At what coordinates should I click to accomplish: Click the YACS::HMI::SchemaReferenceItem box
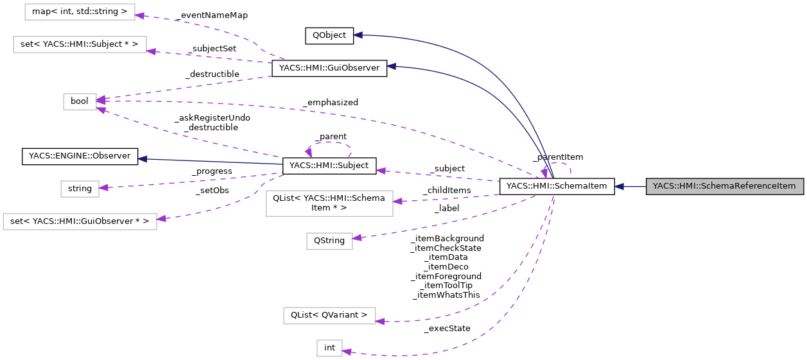coord(724,187)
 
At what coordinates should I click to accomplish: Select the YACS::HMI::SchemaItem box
coord(557,187)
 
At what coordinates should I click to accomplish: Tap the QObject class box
coord(329,36)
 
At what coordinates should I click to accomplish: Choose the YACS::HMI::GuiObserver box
coord(329,69)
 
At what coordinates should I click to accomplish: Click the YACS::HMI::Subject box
coord(329,166)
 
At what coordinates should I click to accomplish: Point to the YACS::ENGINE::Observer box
coord(80,156)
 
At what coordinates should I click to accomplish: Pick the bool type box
coord(80,101)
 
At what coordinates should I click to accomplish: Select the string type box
coord(80,189)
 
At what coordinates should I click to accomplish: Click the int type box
coord(329,348)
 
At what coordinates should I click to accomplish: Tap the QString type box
coord(329,241)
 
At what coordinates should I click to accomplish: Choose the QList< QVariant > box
coord(329,315)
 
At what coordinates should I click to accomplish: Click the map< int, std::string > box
coord(80,12)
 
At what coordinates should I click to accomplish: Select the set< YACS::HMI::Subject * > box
coord(80,44)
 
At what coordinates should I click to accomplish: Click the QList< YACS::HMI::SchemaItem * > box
coord(329,203)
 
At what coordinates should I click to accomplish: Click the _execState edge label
coord(447,329)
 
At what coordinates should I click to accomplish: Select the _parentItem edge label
coord(557,157)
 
